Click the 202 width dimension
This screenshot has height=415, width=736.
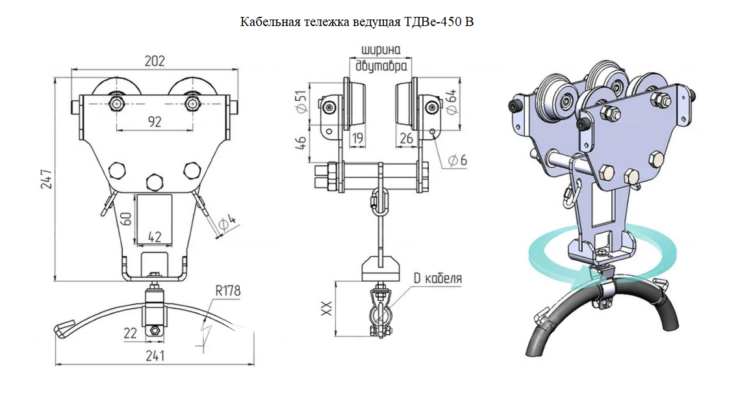point(155,61)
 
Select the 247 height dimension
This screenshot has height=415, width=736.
point(47,180)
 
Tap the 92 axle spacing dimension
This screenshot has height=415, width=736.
point(155,122)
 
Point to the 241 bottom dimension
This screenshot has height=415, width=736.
point(155,356)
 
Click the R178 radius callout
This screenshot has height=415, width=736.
point(228,291)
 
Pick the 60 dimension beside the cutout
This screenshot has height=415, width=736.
point(126,219)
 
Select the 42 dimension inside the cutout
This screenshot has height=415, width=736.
point(155,237)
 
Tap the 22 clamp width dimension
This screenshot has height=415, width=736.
point(130,333)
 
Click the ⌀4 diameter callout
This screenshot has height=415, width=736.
point(227,222)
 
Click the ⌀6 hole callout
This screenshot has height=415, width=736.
point(457,160)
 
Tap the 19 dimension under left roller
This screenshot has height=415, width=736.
point(358,138)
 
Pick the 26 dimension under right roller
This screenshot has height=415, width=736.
point(406,138)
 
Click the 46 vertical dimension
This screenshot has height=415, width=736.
point(301,143)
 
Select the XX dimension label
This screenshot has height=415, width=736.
point(327,308)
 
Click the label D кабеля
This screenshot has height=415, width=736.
point(437,278)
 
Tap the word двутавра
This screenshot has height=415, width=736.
point(381,66)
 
